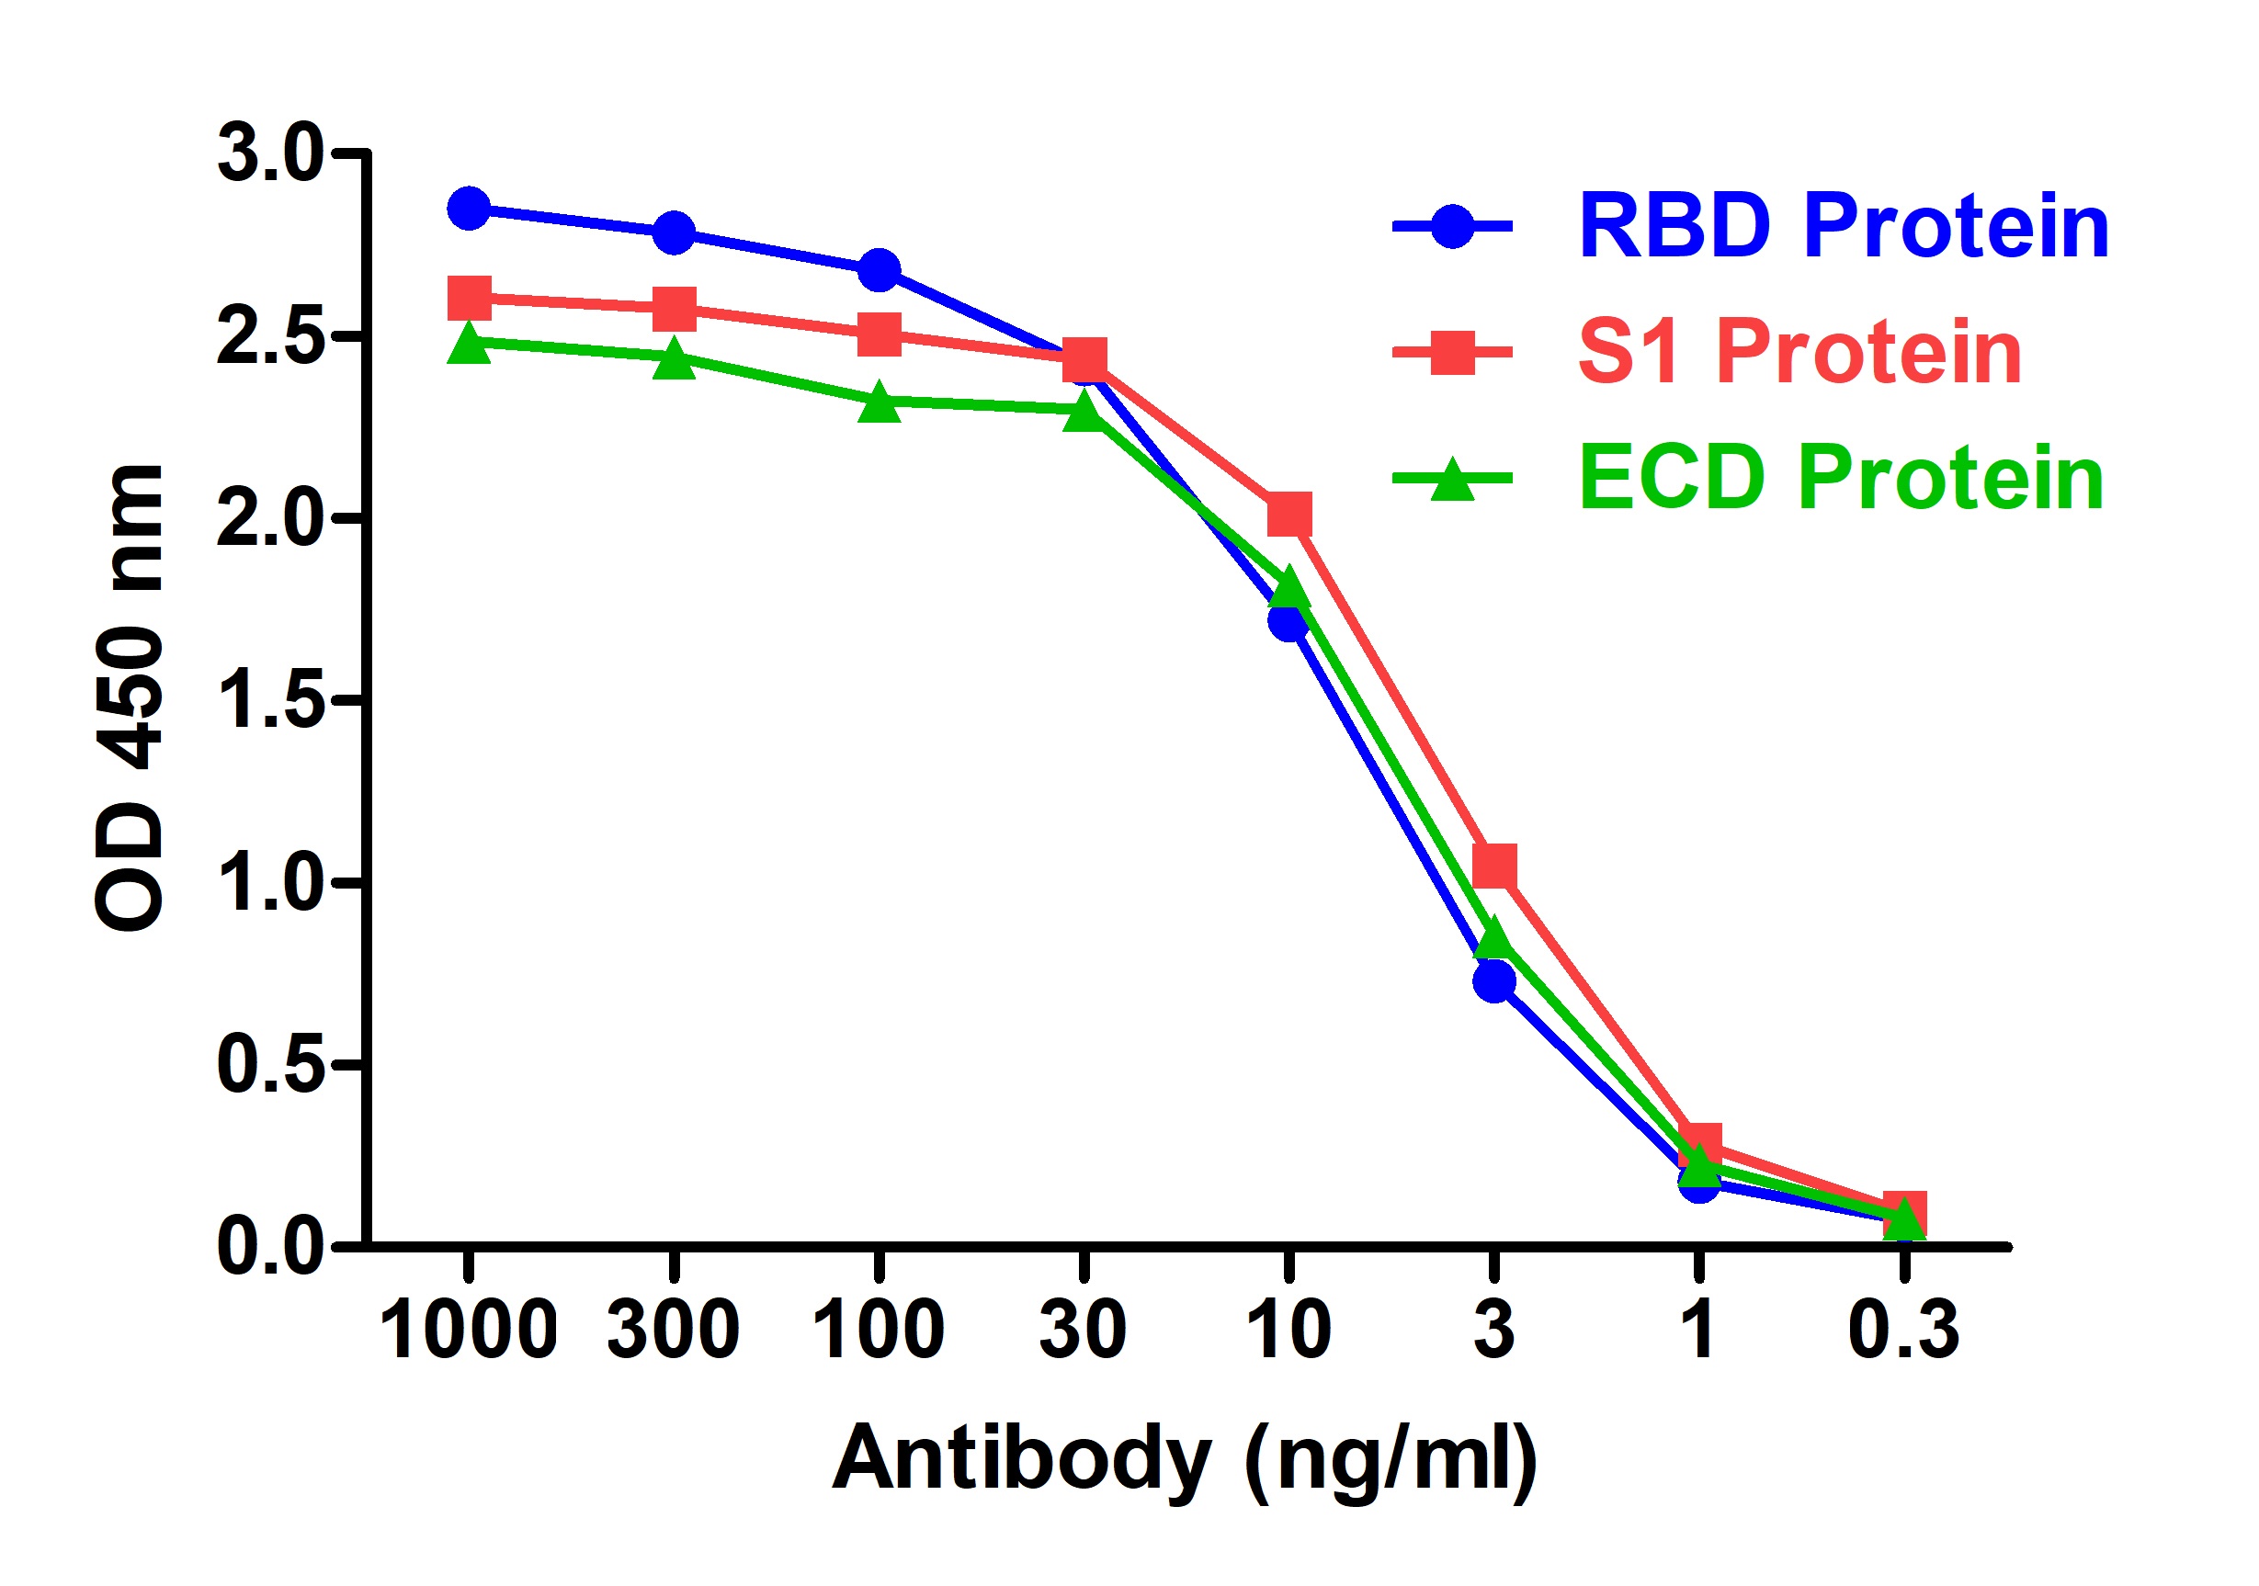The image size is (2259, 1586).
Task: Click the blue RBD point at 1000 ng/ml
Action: [470, 209]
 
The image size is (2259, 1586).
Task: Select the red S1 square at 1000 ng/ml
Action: [470, 298]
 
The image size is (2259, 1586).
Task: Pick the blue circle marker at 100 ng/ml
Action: [879, 269]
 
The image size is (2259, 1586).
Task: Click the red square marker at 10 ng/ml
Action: [1288, 515]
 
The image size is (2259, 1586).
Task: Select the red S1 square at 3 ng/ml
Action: [1493, 866]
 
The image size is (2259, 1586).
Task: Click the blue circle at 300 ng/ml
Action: [674, 233]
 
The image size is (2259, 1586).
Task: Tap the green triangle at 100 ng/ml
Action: [879, 403]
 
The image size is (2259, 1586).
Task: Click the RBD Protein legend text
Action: [1842, 227]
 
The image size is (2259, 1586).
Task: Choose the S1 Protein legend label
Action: [1799, 353]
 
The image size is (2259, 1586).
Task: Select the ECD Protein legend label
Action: [1840, 478]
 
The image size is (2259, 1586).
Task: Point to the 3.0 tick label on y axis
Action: [269, 154]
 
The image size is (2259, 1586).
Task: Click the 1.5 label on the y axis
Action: [269, 700]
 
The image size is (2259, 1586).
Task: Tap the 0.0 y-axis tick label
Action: [269, 1248]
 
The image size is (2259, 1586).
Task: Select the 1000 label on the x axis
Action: [469, 1331]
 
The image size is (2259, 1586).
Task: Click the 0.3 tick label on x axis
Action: [1904, 1331]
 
